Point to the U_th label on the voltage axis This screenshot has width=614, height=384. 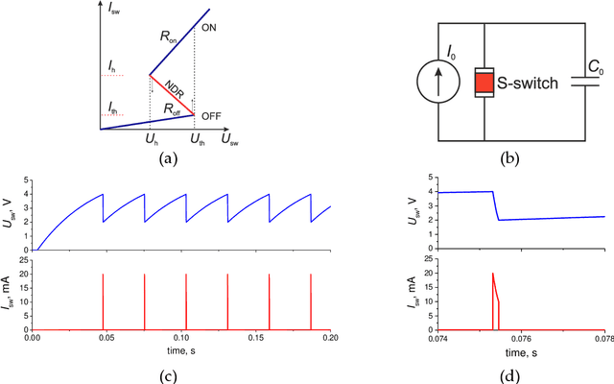click(196, 141)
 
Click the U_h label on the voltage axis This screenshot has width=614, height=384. click(150, 141)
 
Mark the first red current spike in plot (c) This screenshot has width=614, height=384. click(103, 300)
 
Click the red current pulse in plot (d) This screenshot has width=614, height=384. click(495, 298)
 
